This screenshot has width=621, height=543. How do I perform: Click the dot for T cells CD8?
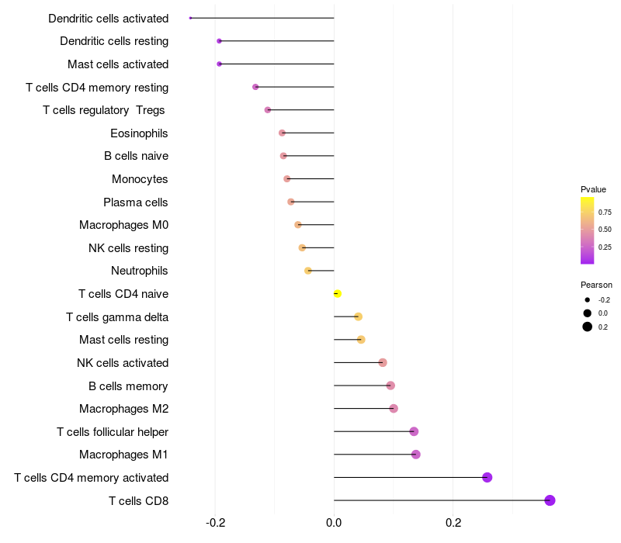click(x=550, y=500)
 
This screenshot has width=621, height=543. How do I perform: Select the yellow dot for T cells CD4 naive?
click(x=338, y=294)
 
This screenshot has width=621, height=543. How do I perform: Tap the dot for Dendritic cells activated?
click(x=190, y=18)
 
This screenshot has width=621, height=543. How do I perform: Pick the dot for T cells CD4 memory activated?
click(x=487, y=477)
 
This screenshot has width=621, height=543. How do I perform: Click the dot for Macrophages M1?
click(x=416, y=455)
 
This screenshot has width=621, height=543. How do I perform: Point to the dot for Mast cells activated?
click(x=220, y=64)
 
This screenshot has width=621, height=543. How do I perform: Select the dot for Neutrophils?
click(x=308, y=271)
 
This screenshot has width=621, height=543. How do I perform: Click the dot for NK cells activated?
click(x=383, y=362)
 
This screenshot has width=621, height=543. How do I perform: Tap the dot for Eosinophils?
click(x=282, y=133)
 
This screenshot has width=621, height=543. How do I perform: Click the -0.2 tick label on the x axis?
click(x=216, y=523)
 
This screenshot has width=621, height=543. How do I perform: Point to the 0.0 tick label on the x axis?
click(x=334, y=523)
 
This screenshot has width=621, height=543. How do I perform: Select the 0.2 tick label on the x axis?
click(x=453, y=523)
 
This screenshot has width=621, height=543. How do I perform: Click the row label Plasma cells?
click(x=135, y=202)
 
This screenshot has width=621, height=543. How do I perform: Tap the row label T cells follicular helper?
click(x=113, y=432)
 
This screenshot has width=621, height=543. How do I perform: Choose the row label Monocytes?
click(x=140, y=179)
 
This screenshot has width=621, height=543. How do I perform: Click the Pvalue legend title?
click(x=593, y=189)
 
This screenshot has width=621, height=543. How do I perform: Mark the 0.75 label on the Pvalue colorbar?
click(x=605, y=213)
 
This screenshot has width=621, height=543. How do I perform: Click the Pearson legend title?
click(x=596, y=285)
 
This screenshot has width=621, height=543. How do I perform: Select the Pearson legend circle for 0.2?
click(x=588, y=327)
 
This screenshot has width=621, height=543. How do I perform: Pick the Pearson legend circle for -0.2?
click(x=588, y=300)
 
